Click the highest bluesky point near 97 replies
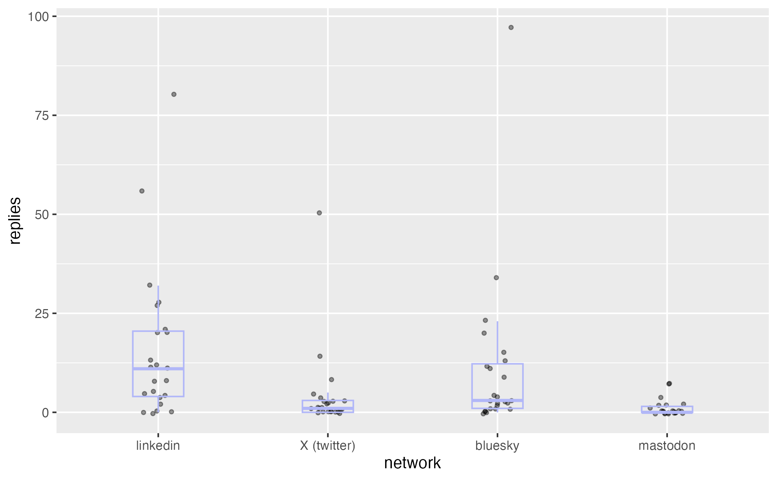click(x=511, y=28)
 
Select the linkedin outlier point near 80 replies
click(x=174, y=95)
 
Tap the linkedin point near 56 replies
click(x=142, y=191)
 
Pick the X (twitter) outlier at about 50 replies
click(x=319, y=213)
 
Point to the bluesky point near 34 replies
click(x=496, y=278)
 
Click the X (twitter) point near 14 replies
click(x=320, y=356)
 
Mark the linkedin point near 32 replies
click(x=150, y=285)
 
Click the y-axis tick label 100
click(x=38, y=17)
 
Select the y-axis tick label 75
click(x=42, y=116)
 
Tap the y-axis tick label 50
click(x=42, y=215)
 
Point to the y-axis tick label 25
click(x=42, y=314)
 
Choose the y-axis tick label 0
click(x=45, y=413)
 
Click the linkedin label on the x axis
click(x=158, y=446)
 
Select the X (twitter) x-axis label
click(x=328, y=446)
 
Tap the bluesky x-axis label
click(x=497, y=446)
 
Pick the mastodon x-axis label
click(x=667, y=446)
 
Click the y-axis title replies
click(x=15, y=221)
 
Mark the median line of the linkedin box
click(x=158, y=369)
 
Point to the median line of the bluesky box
click(x=497, y=400)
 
